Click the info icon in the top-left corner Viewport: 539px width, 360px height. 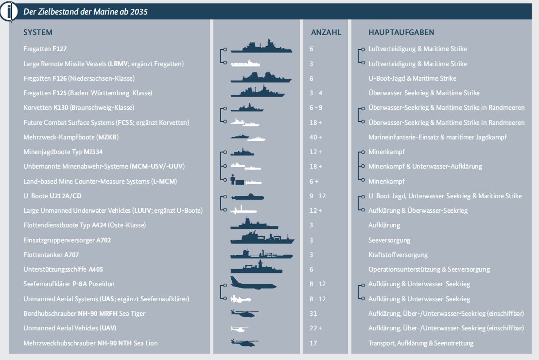coord(9,11)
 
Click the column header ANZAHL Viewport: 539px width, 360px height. coord(326,33)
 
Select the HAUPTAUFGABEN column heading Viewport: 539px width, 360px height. coord(401,33)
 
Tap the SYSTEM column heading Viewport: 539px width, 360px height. coord(38,33)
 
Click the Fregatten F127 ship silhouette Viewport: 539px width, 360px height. coord(261,47)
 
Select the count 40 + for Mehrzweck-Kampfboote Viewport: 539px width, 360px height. coord(316,137)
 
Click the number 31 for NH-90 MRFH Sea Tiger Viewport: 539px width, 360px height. coord(313,313)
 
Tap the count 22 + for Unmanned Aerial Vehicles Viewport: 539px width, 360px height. coord(316,328)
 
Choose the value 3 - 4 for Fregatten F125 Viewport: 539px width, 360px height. coord(316,93)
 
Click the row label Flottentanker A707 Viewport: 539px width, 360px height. coord(51,255)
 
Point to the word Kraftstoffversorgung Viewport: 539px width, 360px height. coord(398,255)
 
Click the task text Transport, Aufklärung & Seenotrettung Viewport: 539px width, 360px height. coord(421,343)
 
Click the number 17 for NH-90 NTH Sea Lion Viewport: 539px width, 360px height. coord(313,343)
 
